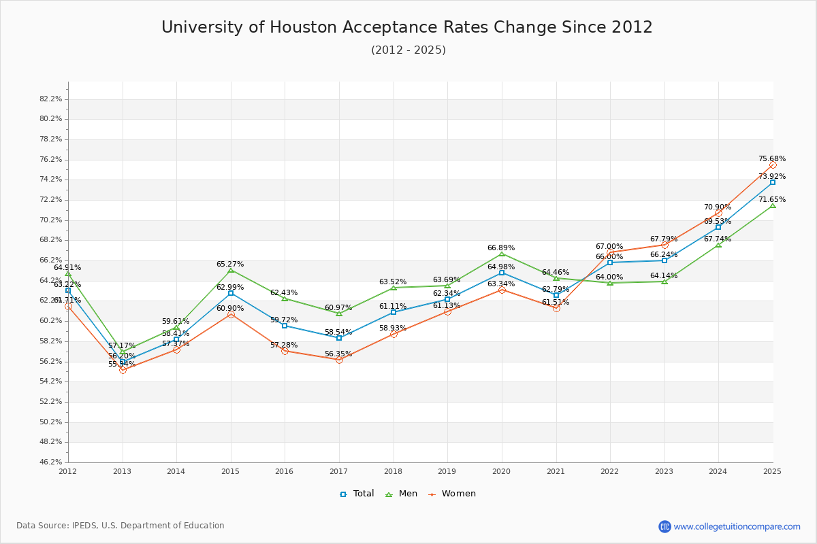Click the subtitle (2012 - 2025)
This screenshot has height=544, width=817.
[x=408, y=50]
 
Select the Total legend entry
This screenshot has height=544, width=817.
[x=357, y=494]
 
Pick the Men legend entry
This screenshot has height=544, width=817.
[x=402, y=494]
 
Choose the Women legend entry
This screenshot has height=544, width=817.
[x=452, y=494]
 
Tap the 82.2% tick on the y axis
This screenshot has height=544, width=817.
[x=51, y=99]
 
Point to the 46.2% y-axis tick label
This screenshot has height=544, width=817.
[x=51, y=462]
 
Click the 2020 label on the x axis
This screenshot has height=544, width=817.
[x=501, y=471]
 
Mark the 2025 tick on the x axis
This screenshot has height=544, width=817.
[x=772, y=471]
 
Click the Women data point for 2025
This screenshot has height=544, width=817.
[x=773, y=165]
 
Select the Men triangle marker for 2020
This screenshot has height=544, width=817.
[x=502, y=254]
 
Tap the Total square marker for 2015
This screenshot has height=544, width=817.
[x=231, y=293]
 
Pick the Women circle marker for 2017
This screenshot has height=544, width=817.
[x=339, y=360]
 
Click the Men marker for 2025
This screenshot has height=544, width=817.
[x=773, y=205]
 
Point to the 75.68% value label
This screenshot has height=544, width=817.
[x=772, y=159]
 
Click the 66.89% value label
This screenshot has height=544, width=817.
[x=501, y=248]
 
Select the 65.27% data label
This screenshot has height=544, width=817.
[x=230, y=265]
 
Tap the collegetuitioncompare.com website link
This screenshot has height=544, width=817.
[x=737, y=526]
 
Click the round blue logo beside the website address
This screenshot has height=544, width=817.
[x=664, y=526]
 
